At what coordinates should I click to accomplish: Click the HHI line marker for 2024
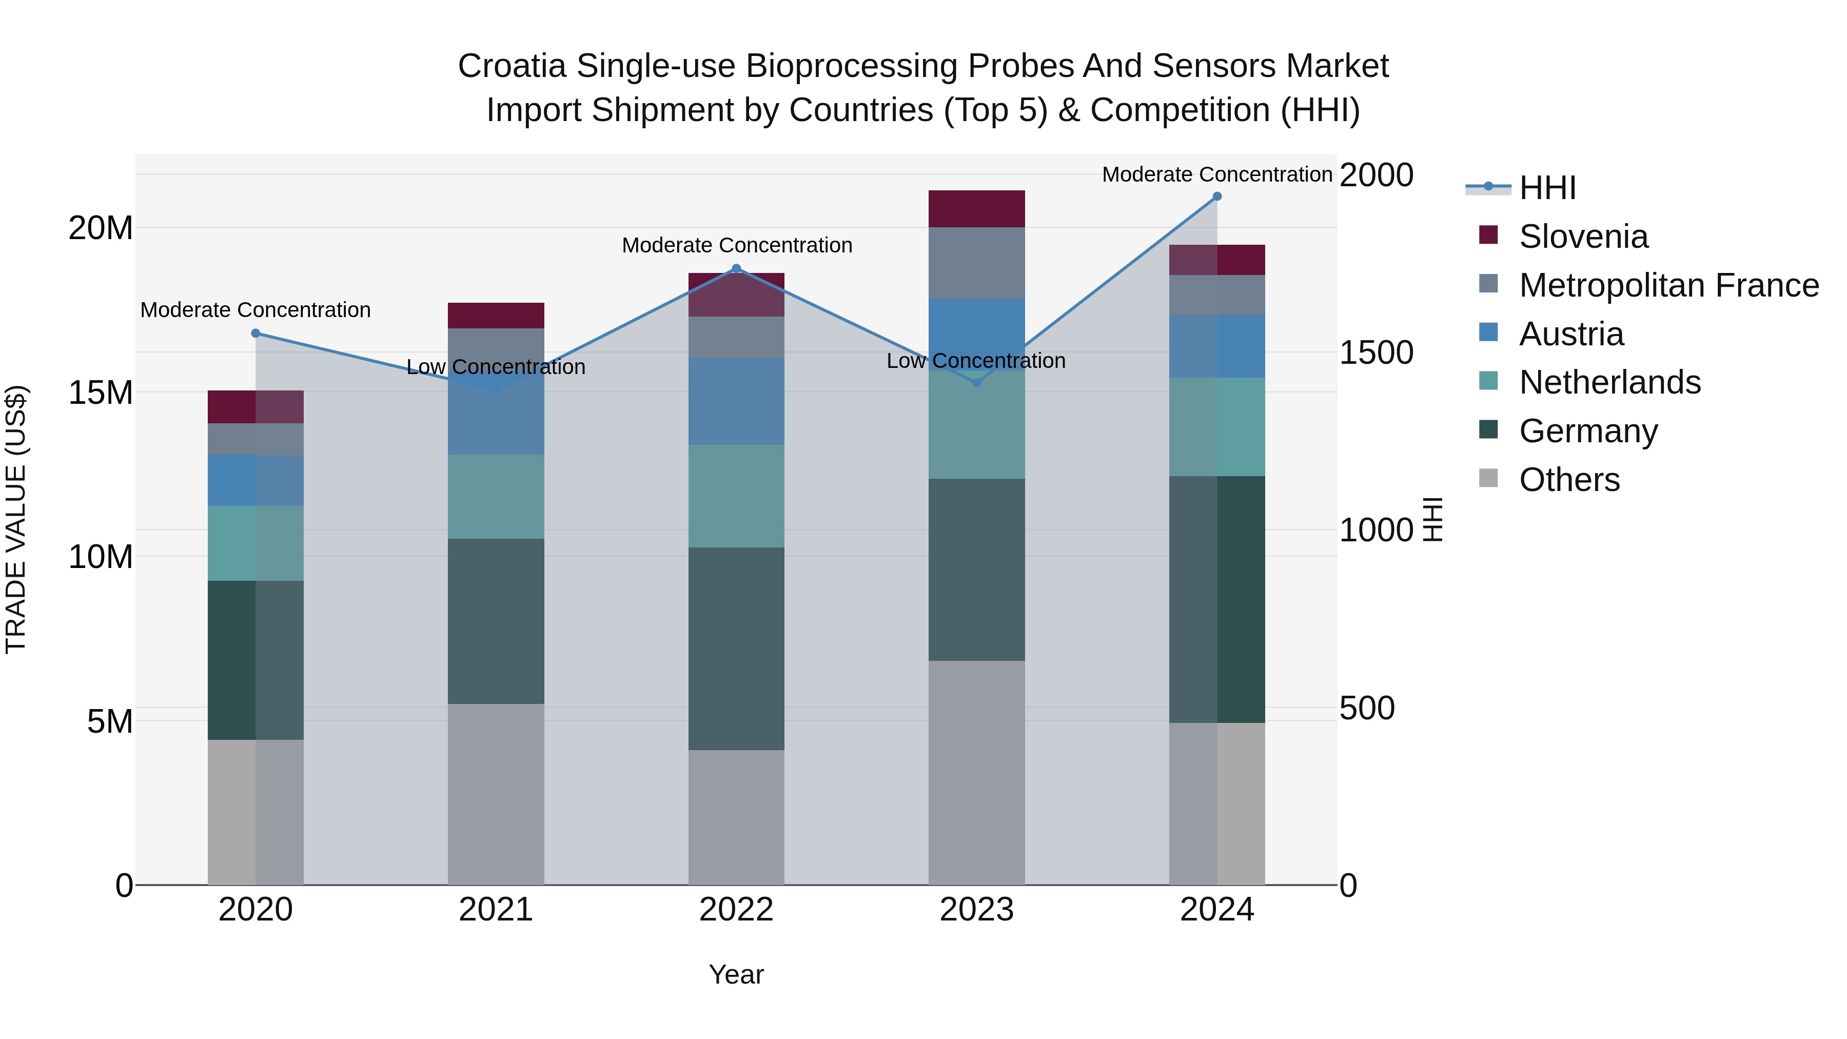1217,197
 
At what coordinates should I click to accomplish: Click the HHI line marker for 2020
256,334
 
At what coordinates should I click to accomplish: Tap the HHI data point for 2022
736,269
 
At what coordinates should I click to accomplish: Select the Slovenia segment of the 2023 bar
976,209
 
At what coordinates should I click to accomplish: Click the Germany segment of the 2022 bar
736,649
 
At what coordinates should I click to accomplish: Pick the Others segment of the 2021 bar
496,794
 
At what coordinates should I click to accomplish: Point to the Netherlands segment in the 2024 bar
1217,427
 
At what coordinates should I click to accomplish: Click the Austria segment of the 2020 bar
256,480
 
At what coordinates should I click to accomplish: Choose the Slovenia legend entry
1583,237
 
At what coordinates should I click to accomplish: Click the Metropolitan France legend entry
1668,285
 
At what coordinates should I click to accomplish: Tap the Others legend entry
1569,480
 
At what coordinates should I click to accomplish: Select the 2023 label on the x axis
976,910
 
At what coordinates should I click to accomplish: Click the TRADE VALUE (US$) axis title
16,519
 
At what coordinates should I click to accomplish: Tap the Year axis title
736,974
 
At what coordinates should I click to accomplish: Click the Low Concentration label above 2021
496,367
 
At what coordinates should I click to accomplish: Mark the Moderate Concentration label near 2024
1217,174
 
